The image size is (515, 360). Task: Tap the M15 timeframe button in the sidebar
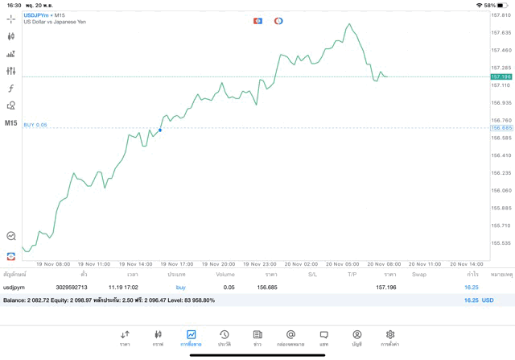pyautogui.click(x=10, y=123)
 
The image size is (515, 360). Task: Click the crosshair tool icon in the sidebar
pyautogui.click(x=10, y=19)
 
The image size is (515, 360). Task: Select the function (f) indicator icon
pyautogui.click(x=10, y=89)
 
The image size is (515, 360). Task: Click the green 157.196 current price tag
pyautogui.click(x=501, y=77)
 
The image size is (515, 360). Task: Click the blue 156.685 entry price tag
pyautogui.click(x=501, y=128)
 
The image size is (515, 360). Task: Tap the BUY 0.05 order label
pyautogui.click(x=35, y=125)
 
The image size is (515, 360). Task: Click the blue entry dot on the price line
pyautogui.click(x=160, y=130)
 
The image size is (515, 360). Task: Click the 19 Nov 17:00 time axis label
pyautogui.click(x=176, y=263)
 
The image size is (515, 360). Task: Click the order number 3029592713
pyautogui.click(x=72, y=288)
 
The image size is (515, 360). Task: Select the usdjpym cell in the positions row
pyautogui.click(x=14, y=288)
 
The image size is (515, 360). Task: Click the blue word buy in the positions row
pyautogui.click(x=180, y=288)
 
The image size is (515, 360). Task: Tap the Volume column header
pyautogui.click(x=225, y=275)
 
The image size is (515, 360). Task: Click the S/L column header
pyautogui.click(x=312, y=275)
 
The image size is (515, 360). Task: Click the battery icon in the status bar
pyautogui.click(x=503, y=5)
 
